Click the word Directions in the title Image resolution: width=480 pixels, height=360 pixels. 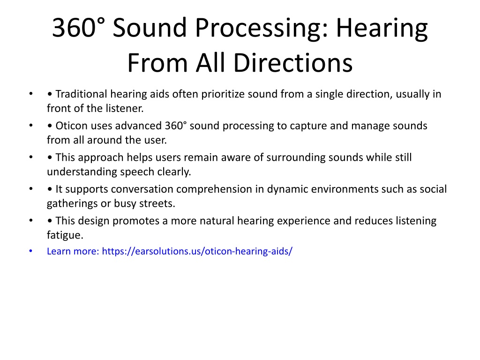click(x=293, y=63)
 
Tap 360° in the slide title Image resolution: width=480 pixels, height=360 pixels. click(x=78, y=28)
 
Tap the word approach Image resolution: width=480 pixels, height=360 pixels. click(x=101, y=158)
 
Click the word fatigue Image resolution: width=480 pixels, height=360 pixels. click(x=65, y=235)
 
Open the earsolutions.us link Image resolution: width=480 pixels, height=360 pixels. click(x=197, y=251)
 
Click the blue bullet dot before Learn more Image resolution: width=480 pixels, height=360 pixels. click(x=30, y=251)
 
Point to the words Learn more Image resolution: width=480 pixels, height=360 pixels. click(x=73, y=251)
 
